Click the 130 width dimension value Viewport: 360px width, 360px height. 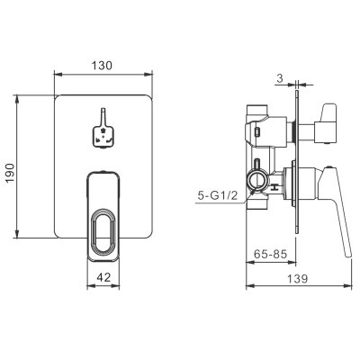click(x=102, y=66)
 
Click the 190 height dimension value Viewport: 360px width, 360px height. click(x=10, y=174)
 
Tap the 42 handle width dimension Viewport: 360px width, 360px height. click(x=103, y=277)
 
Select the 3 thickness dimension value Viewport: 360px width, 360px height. click(x=280, y=78)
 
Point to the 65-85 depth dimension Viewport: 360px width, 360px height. click(x=271, y=254)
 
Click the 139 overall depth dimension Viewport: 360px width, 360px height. click(x=298, y=278)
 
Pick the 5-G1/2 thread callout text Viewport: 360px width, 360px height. click(x=218, y=196)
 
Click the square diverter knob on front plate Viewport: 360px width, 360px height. click(x=103, y=137)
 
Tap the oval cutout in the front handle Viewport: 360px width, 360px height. click(x=103, y=230)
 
